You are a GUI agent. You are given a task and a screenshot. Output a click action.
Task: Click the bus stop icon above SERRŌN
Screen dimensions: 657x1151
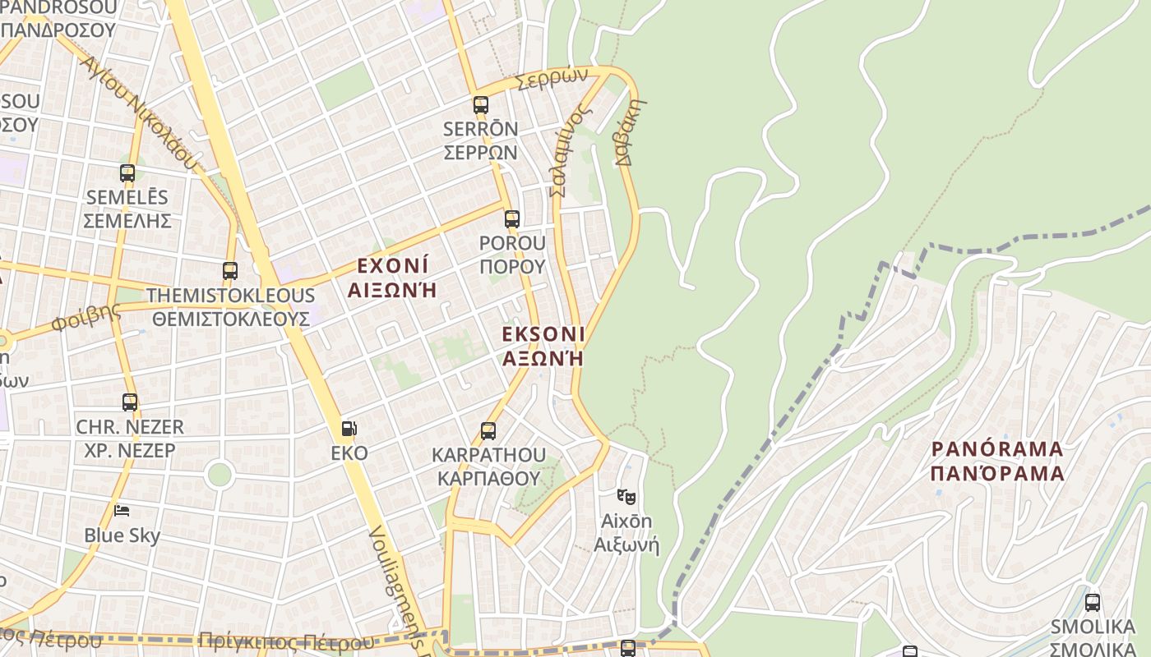pyautogui.click(x=481, y=105)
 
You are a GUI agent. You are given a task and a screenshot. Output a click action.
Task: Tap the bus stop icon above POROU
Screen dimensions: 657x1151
pyautogui.click(x=512, y=219)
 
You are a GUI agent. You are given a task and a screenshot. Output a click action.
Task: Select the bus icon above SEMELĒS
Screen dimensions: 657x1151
pyautogui.click(x=127, y=173)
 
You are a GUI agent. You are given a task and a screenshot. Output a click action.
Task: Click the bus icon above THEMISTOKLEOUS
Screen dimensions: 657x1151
pyautogui.click(x=230, y=270)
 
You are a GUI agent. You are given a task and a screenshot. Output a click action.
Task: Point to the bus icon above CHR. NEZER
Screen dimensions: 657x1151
pyautogui.click(x=130, y=402)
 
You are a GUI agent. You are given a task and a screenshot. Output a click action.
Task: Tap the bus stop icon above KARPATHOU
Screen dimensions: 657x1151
pyautogui.click(x=488, y=430)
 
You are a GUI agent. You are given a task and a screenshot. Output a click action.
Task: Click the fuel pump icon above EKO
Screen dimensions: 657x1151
pyautogui.click(x=349, y=428)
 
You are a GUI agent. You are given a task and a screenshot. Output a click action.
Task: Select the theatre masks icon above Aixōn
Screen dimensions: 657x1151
pyautogui.click(x=626, y=496)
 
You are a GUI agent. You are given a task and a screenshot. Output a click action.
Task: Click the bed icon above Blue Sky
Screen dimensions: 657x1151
pyautogui.click(x=122, y=511)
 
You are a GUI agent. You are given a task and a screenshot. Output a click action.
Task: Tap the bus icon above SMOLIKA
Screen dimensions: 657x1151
pyautogui.click(x=1093, y=602)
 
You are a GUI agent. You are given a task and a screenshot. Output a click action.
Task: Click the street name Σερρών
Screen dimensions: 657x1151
pyautogui.click(x=552, y=79)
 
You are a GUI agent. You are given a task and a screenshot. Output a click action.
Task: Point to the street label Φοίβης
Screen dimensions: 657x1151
pyautogui.click(x=86, y=317)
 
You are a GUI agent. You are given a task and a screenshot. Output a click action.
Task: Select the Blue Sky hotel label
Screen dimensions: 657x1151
pyautogui.click(x=122, y=535)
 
